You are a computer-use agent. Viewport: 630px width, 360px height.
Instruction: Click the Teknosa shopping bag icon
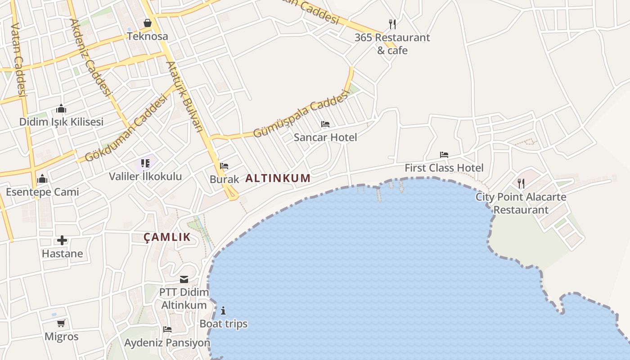tap(148, 23)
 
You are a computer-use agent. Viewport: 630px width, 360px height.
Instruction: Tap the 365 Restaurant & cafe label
tap(392, 44)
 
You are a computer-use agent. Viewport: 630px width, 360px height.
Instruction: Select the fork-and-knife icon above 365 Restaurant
tap(392, 24)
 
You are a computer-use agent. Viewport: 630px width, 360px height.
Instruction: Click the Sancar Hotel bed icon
tap(325, 124)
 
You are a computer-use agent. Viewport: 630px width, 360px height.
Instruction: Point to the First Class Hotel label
tap(444, 168)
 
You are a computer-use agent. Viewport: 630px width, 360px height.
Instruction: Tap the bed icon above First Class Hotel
tap(444, 155)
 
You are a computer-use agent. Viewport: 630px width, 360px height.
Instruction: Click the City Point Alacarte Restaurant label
tap(521, 203)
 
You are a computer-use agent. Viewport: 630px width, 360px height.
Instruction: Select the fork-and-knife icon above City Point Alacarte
tap(521, 183)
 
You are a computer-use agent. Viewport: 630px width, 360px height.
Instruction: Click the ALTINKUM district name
tap(278, 178)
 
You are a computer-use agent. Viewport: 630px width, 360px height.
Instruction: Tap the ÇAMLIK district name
tap(167, 237)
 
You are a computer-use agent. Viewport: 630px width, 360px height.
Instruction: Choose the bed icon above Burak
tap(224, 166)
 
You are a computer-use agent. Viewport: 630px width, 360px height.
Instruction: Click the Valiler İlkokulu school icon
tap(145, 163)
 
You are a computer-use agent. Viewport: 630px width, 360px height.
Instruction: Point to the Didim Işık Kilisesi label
tap(61, 121)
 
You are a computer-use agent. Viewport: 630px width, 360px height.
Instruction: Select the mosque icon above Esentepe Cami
tap(42, 179)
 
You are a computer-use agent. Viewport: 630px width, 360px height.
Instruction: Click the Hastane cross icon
tap(62, 240)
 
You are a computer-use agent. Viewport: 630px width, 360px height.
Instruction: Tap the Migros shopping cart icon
tap(61, 323)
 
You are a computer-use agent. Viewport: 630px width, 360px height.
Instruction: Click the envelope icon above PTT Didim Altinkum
tap(184, 279)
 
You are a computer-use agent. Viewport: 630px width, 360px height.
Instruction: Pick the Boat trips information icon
tap(223, 310)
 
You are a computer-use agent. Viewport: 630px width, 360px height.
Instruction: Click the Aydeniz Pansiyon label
tap(167, 343)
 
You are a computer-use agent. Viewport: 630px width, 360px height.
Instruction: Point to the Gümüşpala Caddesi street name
tap(301, 113)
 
